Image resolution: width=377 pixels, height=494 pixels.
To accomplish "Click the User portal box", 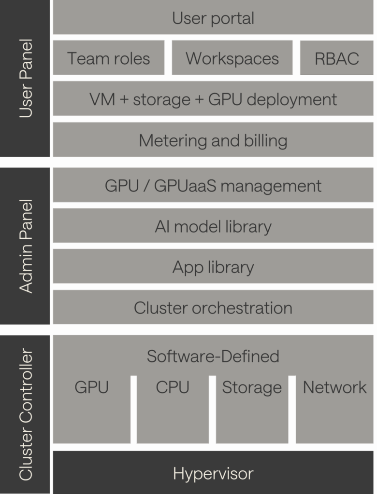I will pos(213,18).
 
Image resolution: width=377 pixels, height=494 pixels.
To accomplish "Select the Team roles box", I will pos(108,58).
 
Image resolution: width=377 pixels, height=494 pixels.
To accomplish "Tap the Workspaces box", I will pos(232,58).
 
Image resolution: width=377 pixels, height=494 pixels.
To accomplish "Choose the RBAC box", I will pos(336,58).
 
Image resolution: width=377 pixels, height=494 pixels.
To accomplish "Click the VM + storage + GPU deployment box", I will pos(213,99).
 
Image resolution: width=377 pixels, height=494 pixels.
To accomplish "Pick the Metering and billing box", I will pos(213,140).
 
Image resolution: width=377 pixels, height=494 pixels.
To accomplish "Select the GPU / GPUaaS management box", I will pos(213,186).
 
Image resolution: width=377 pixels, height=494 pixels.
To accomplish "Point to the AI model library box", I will pos(213,226).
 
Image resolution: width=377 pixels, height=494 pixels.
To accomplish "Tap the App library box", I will pos(213,267).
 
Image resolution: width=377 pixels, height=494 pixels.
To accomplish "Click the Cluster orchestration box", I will pos(213,308).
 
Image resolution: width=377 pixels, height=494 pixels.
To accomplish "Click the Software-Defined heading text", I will pos(213,356).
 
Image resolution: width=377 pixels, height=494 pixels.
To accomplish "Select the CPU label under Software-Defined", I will pos(173,387).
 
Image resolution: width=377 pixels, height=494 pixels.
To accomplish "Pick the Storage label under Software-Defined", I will pos(252,387).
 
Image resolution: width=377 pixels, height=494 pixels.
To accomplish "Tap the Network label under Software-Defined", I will pos(334,387).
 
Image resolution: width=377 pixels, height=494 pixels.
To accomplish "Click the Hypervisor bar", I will pos(213,473).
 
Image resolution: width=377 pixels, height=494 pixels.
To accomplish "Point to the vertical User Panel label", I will pos(26,79).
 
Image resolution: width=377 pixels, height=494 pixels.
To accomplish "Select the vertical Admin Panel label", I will pos(26,246).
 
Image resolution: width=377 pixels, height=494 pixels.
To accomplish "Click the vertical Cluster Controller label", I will pos(26,414).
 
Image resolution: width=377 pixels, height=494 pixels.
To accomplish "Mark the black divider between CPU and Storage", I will pos(212,410).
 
